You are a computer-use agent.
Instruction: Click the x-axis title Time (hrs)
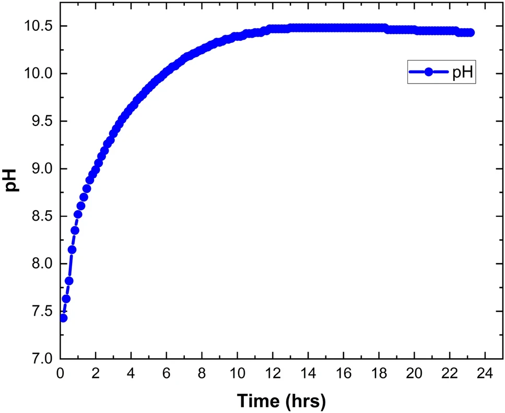tap(281, 401)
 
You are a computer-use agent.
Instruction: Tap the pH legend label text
tap(462, 73)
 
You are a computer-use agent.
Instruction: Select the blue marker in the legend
tap(428, 73)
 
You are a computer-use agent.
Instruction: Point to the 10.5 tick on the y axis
tap(39, 26)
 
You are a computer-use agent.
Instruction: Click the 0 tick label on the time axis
tap(61, 375)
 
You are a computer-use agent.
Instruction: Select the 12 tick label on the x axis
tap(273, 375)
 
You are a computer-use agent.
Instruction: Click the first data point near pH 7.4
tap(63, 318)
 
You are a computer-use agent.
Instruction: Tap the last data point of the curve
tap(470, 32)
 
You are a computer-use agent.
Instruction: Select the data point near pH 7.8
tap(69, 281)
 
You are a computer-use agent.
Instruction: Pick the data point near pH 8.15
tap(72, 249)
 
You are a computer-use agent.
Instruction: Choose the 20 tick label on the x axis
tap(414, 375)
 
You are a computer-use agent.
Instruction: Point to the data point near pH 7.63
tap(66, 299)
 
